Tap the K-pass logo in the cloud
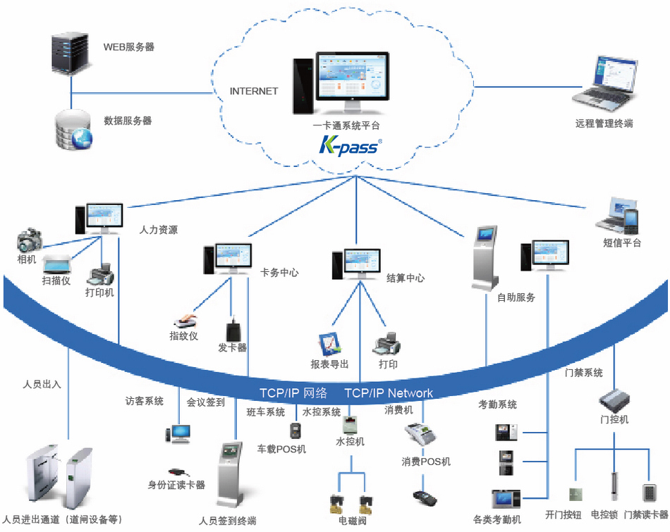pos(351,146)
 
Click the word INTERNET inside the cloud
pos(254,92)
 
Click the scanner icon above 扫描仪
pos(59,264)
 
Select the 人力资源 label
pos(159,230)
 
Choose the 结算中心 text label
pos(406,278)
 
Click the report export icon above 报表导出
pos(329,342)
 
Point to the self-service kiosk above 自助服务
pos(486,257)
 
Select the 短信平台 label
pos(622,243)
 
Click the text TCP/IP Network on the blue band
pos(389,393)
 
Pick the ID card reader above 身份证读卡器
pos(176,471)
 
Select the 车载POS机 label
pos(281,449)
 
